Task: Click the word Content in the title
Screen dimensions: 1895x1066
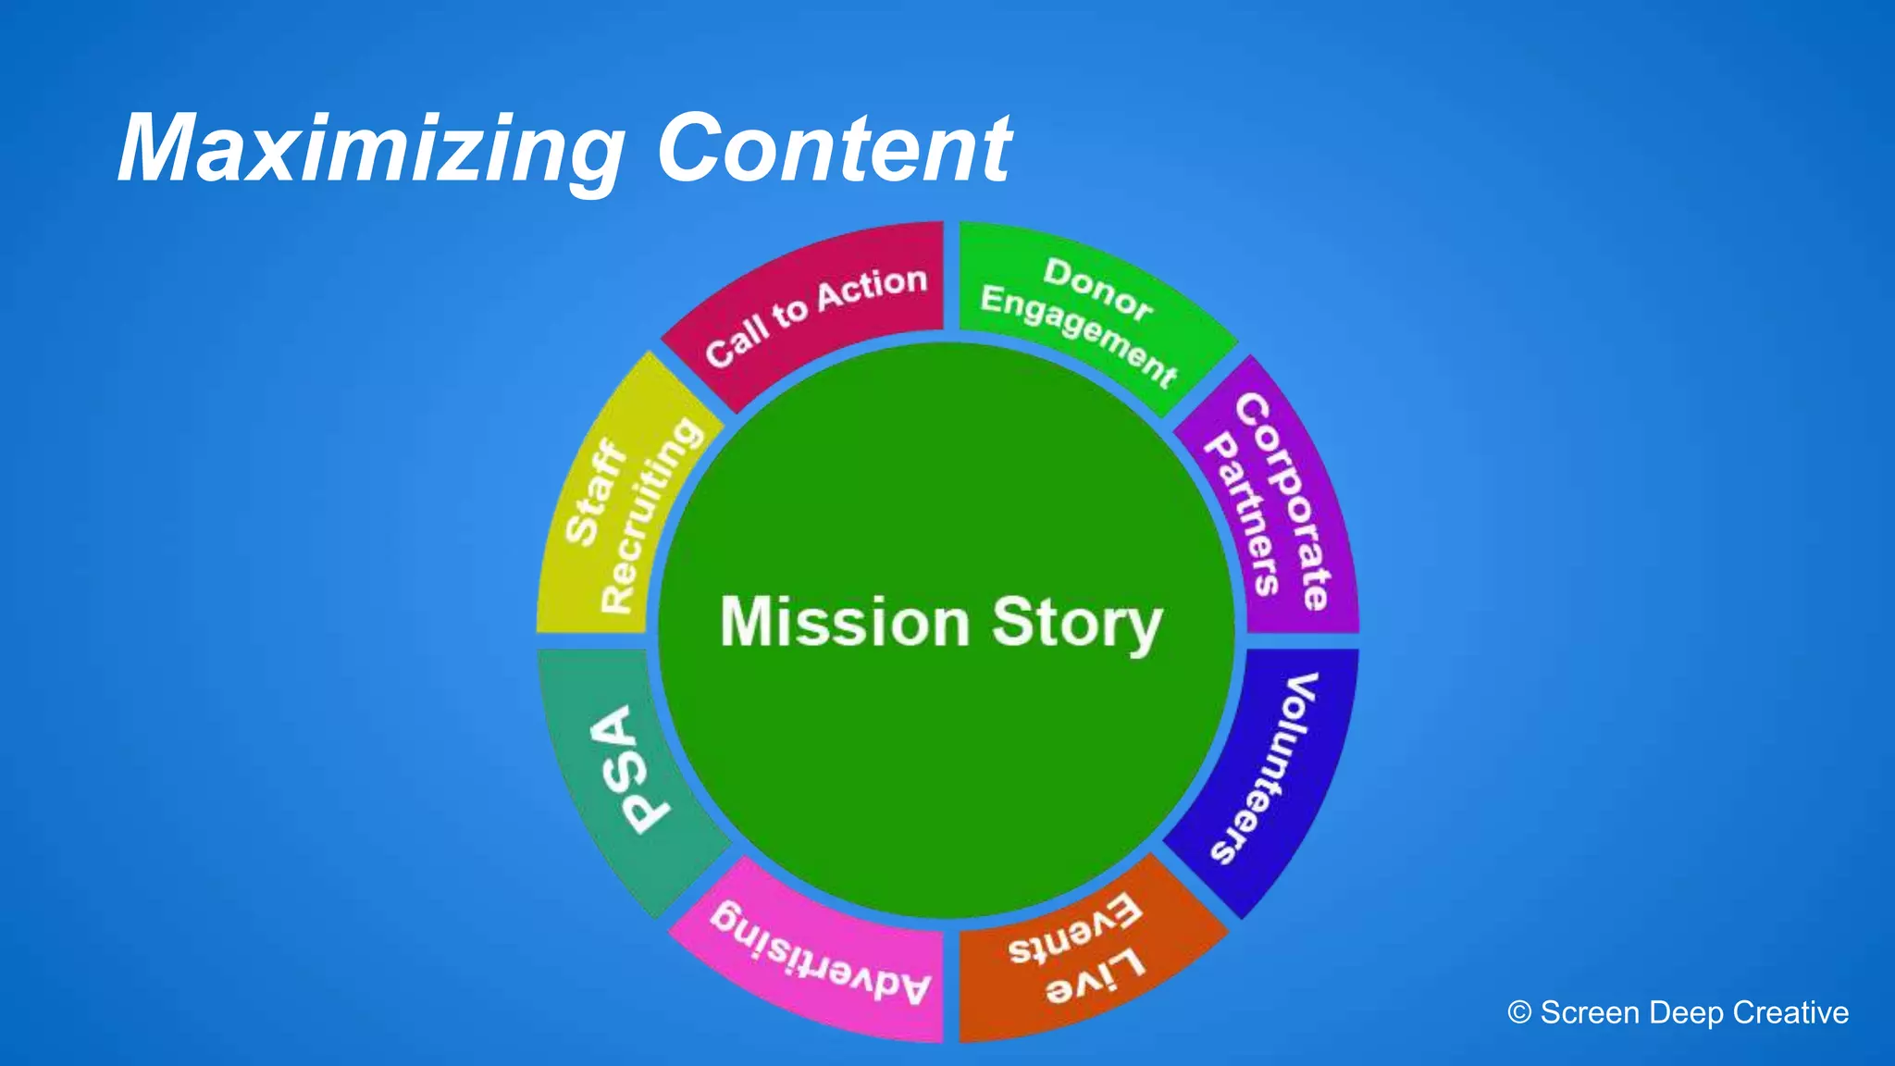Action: click(834, 148)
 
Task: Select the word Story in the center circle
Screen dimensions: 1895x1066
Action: click(1076, 624)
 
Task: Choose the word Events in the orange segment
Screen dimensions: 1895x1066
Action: click(1074, 930)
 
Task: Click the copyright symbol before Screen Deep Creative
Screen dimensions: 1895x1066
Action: click(1519, 1012)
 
